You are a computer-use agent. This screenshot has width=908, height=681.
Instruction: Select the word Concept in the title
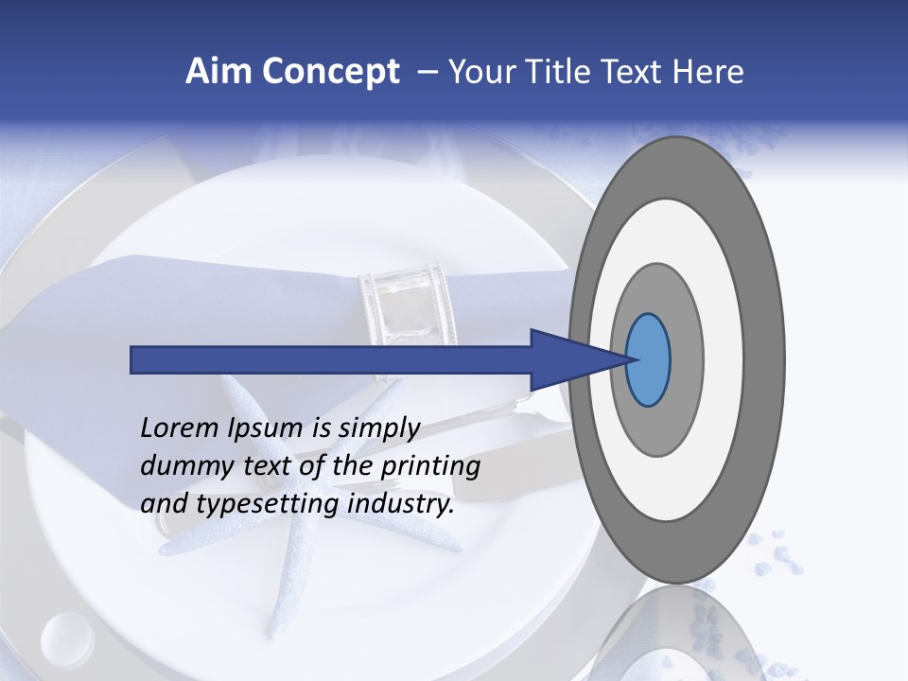click(x=331, y=72)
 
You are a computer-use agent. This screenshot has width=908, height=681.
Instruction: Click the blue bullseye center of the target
click(x=648, y=360)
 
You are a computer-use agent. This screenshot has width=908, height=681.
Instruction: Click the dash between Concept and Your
click(x=428, y=72)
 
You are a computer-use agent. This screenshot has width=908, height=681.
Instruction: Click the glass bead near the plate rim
click(x=66, y=633)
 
